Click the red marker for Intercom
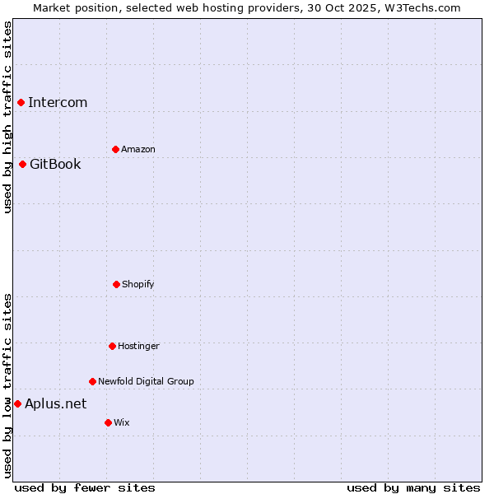point(21,102)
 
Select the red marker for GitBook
point(22,164)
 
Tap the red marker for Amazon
point(115,149)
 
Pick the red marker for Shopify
point(116,284)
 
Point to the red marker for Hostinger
point(112,346)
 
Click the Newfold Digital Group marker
point(92,381)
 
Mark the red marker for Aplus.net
point(17,403)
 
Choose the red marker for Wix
point(108,422)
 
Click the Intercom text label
point(58,102)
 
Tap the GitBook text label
point(55,164)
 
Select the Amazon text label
point(138,149)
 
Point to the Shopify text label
point(138,284)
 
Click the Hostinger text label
point(138,346)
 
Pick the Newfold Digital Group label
point(146,381)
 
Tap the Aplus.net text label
point(55,403)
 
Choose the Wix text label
point(122,422)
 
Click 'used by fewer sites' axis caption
point(85,487)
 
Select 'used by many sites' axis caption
point(413,487)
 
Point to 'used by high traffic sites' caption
point(7,117)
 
